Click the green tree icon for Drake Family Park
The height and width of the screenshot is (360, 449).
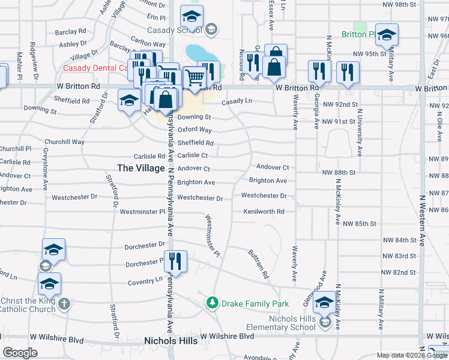point(211,303)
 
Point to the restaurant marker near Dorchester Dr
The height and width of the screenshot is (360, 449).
point(175,261)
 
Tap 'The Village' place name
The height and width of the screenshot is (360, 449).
point(140,168)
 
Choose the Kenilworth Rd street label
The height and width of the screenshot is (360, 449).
point(264,211)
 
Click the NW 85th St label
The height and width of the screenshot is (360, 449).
point(359,224)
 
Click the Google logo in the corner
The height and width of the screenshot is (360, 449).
point(20,352)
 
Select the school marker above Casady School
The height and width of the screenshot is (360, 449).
point(191,16)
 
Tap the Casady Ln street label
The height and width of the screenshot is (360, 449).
point(237,102)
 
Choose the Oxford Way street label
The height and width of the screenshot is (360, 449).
point(194,130)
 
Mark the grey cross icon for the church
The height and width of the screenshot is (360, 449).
point(65,304)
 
